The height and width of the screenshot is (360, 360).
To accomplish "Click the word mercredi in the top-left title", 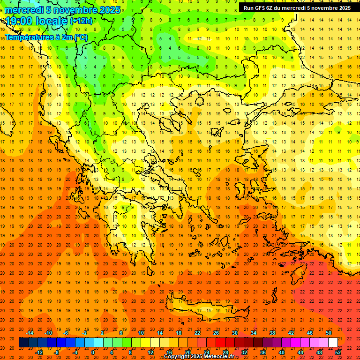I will point(25,10).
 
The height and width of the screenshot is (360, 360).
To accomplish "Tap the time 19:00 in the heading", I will point(20,21).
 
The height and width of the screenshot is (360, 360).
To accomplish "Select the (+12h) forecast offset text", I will point(81,21).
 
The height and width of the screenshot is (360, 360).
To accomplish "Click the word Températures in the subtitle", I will point(28,37).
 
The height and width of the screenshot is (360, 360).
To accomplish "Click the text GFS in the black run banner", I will point(262,8).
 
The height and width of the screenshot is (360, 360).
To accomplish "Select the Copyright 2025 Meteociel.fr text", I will point(199,357).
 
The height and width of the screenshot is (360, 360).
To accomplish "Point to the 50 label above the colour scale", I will point(329,333).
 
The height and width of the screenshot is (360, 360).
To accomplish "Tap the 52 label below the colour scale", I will point(338,352).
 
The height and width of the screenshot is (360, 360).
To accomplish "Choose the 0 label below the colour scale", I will point(93,352).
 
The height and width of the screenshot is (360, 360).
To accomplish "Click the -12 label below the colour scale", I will point(39,352).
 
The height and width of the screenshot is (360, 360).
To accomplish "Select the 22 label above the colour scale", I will point(197,333).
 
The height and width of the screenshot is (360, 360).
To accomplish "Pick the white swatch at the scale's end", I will point(333,343).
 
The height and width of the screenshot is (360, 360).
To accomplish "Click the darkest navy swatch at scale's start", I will point(23,343).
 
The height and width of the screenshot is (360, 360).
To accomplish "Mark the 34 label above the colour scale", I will point(254,333).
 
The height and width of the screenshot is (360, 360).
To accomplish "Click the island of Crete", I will point(202,309).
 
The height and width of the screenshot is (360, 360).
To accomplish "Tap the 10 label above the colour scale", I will point(141,333).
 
